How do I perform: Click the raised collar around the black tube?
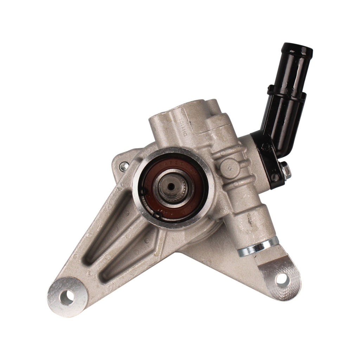click(x=287, y=92)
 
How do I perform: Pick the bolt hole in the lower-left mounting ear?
click(x=67, y=297)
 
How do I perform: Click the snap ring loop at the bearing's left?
click(x=143, y=192)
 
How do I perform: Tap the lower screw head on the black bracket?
click(x=275, y=178)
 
